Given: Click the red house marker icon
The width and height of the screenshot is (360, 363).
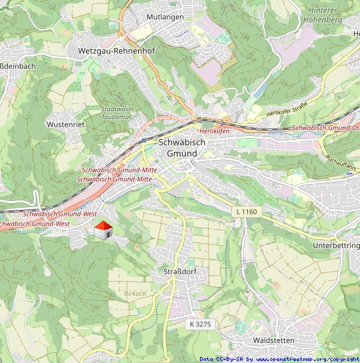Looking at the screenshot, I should [103, 231].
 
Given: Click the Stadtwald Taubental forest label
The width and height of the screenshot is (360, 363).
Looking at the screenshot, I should [117, 113].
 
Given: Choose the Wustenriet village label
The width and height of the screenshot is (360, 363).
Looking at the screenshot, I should [65, 125].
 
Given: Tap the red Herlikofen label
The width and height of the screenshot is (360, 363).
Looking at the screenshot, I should [215, 131].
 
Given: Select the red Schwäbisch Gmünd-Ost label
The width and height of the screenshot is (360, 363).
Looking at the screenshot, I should [326, 127].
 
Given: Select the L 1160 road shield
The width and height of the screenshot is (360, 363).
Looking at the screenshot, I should [245, 212].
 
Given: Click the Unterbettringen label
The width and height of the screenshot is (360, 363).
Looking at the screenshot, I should [336, 246].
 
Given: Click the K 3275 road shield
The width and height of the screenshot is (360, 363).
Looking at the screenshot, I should [200, 324].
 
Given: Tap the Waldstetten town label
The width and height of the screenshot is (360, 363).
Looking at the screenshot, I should [274, 340].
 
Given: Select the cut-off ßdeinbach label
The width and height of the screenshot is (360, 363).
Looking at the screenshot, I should [15, 66].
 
